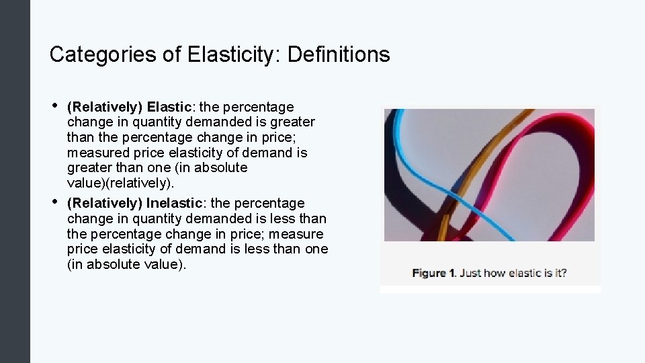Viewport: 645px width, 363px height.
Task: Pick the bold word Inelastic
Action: (174, 203)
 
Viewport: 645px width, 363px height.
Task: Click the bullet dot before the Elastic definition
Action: (54, 106)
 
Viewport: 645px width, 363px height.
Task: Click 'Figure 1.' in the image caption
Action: (434, 273)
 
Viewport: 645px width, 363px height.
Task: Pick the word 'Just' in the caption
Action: (471, 273)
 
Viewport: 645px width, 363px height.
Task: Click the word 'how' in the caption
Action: (495, 273)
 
